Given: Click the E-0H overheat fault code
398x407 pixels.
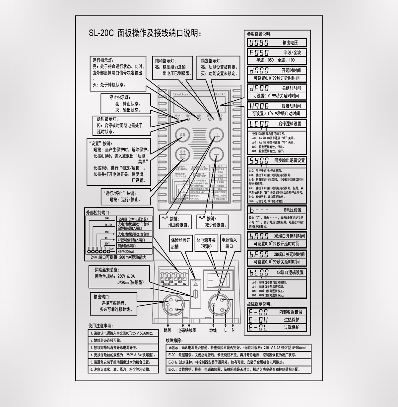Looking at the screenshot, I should [258, 320].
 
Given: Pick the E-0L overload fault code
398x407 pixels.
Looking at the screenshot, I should [258, 328].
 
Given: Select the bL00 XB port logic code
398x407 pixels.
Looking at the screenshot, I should [259, 273].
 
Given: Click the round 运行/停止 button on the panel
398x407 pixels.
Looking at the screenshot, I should [182, 154].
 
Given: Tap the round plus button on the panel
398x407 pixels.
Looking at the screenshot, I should [217, 135].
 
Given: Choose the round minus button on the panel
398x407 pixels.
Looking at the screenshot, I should [217, 154].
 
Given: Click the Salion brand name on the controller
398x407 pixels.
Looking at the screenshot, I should [181, 94].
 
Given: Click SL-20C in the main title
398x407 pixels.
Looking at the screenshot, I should [101, 33].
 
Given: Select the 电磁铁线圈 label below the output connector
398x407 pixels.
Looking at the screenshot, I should [187, 330].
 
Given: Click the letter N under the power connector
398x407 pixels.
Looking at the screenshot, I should [233, 330].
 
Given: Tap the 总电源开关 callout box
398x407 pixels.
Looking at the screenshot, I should [206, 243].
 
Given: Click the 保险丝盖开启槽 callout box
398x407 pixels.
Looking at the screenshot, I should [181, 243].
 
